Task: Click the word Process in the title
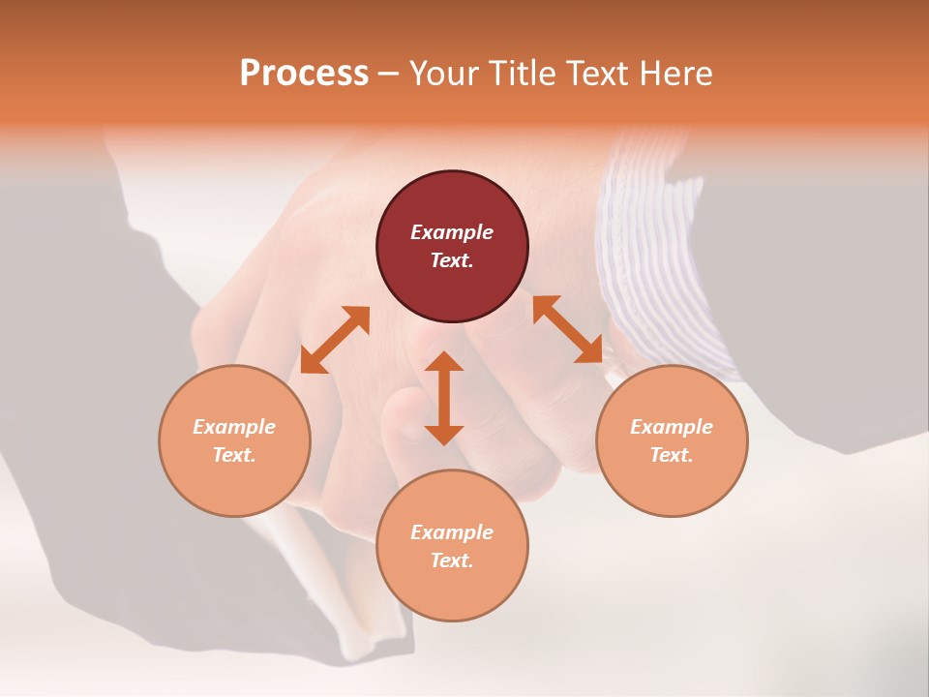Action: coord(304,74)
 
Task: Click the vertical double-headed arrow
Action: coord(444,398)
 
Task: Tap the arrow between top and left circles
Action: coord(335,340)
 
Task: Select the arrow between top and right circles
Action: coord(568,329)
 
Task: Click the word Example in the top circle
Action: coord(452,232)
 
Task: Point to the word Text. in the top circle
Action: coord(452,260)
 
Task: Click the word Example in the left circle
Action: coord(234,427)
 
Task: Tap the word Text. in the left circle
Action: coord(234,455)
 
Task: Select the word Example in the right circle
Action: coord(672,427)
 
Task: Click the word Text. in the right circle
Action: coord(672,455)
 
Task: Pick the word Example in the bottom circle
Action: coord(452,532)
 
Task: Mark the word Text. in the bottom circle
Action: coord(452,561)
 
